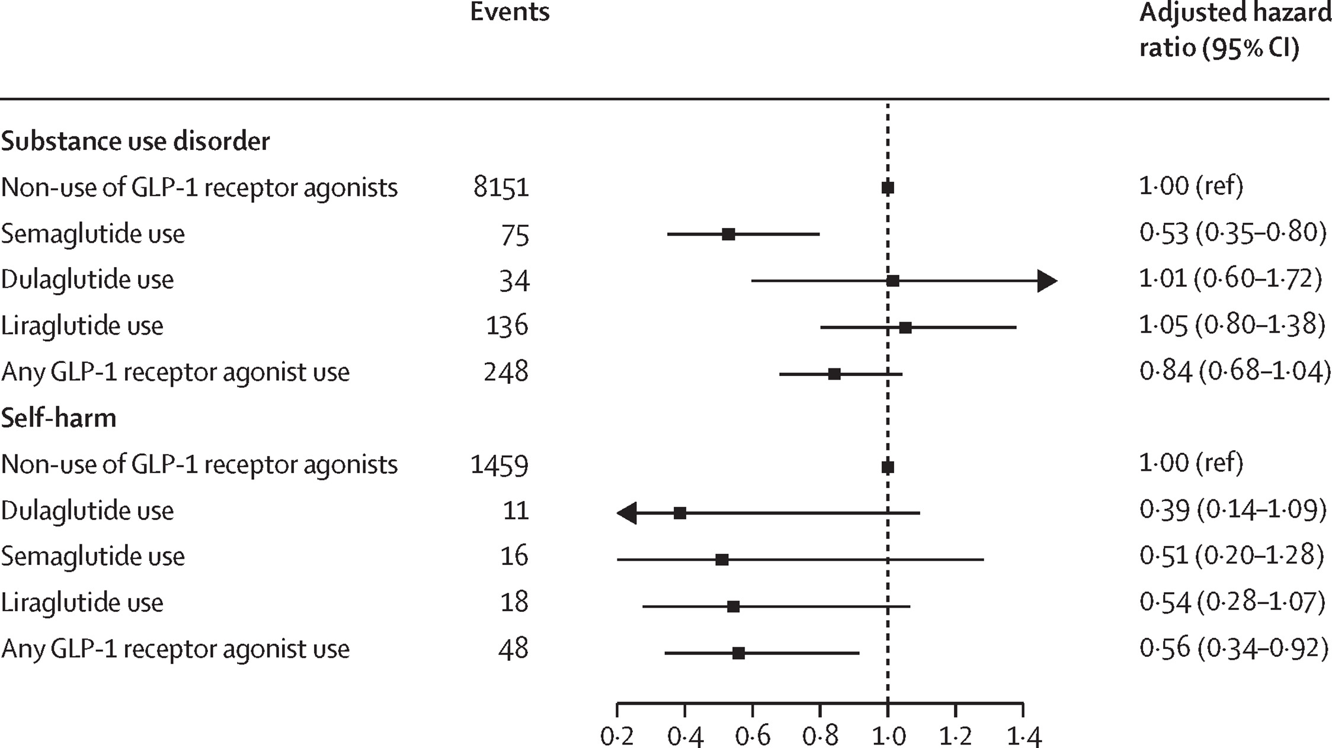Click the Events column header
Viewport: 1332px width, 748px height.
point(510,12)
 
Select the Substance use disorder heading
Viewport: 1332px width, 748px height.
point(136,141)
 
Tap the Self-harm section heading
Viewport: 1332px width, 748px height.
point(59,418)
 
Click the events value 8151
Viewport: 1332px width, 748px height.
point(501,188)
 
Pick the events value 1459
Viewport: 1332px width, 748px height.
point(500,465)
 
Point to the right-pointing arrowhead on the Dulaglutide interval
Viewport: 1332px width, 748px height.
point(1047,281)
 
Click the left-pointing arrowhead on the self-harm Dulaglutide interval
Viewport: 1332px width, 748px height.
point(627,513)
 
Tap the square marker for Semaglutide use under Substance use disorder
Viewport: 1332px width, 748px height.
point(729,234)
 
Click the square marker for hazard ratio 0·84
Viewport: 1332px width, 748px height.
point(834,374)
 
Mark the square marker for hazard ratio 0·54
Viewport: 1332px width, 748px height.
point(733,606)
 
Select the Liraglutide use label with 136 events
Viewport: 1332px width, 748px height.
point(82,326)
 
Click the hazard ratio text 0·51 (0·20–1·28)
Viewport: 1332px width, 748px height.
point(1232,556)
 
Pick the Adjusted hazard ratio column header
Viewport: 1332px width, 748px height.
point(1235,30)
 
